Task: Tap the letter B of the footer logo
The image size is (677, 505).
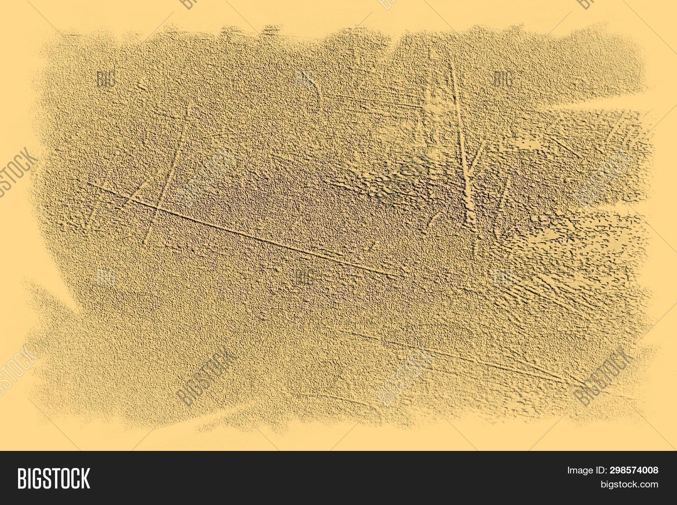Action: (x=21, y=478)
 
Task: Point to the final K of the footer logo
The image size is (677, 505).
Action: (x=85, y=478)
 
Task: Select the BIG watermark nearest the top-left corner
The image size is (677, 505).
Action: (x=106, y=79)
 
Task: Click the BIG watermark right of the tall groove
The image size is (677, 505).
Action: (x=502, y=79)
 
